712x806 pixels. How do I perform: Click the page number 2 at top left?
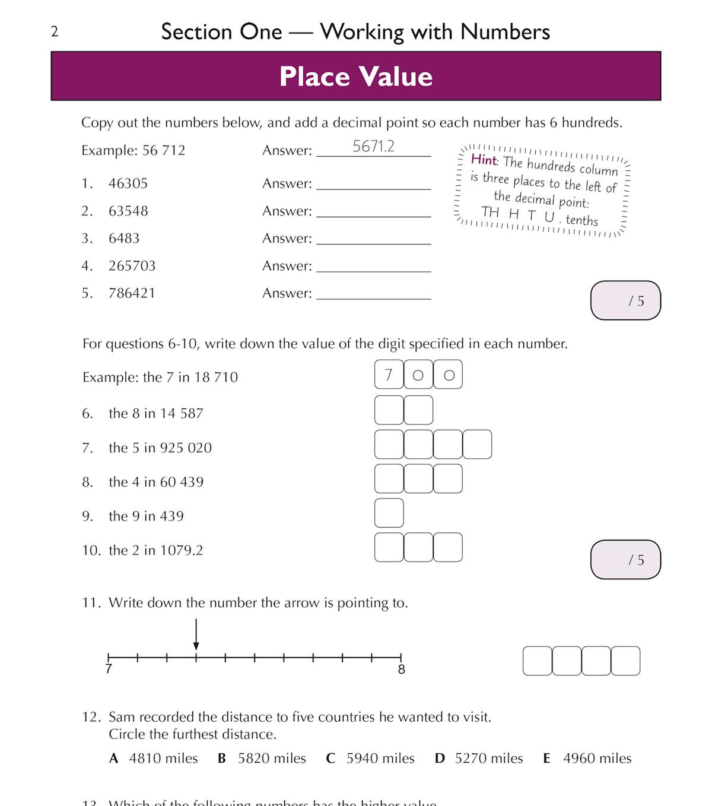click(x=55, y=32)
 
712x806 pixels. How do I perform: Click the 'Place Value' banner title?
click(x=356, y=77)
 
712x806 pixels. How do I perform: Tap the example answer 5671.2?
click(x=373, y=147)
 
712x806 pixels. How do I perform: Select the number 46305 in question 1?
click(x=128, y=183)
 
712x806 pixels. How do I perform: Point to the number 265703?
click(x=132, y=266)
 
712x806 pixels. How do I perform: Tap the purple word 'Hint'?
click(x=484, y=159)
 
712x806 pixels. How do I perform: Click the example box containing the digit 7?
click(x=389, y=375)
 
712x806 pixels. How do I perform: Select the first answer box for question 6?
click(x=389, y=411)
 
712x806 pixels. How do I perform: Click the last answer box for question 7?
click(x=477, y=445)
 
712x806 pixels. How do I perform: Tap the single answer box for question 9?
click(x=389, y=513)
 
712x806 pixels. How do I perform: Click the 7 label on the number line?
click(x=109, y=669)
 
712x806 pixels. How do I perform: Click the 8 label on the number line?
click(x=402, y=669)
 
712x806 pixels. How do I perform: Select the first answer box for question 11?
click(x=538, y=661)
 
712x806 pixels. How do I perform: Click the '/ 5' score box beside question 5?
click(x=625, y=301)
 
